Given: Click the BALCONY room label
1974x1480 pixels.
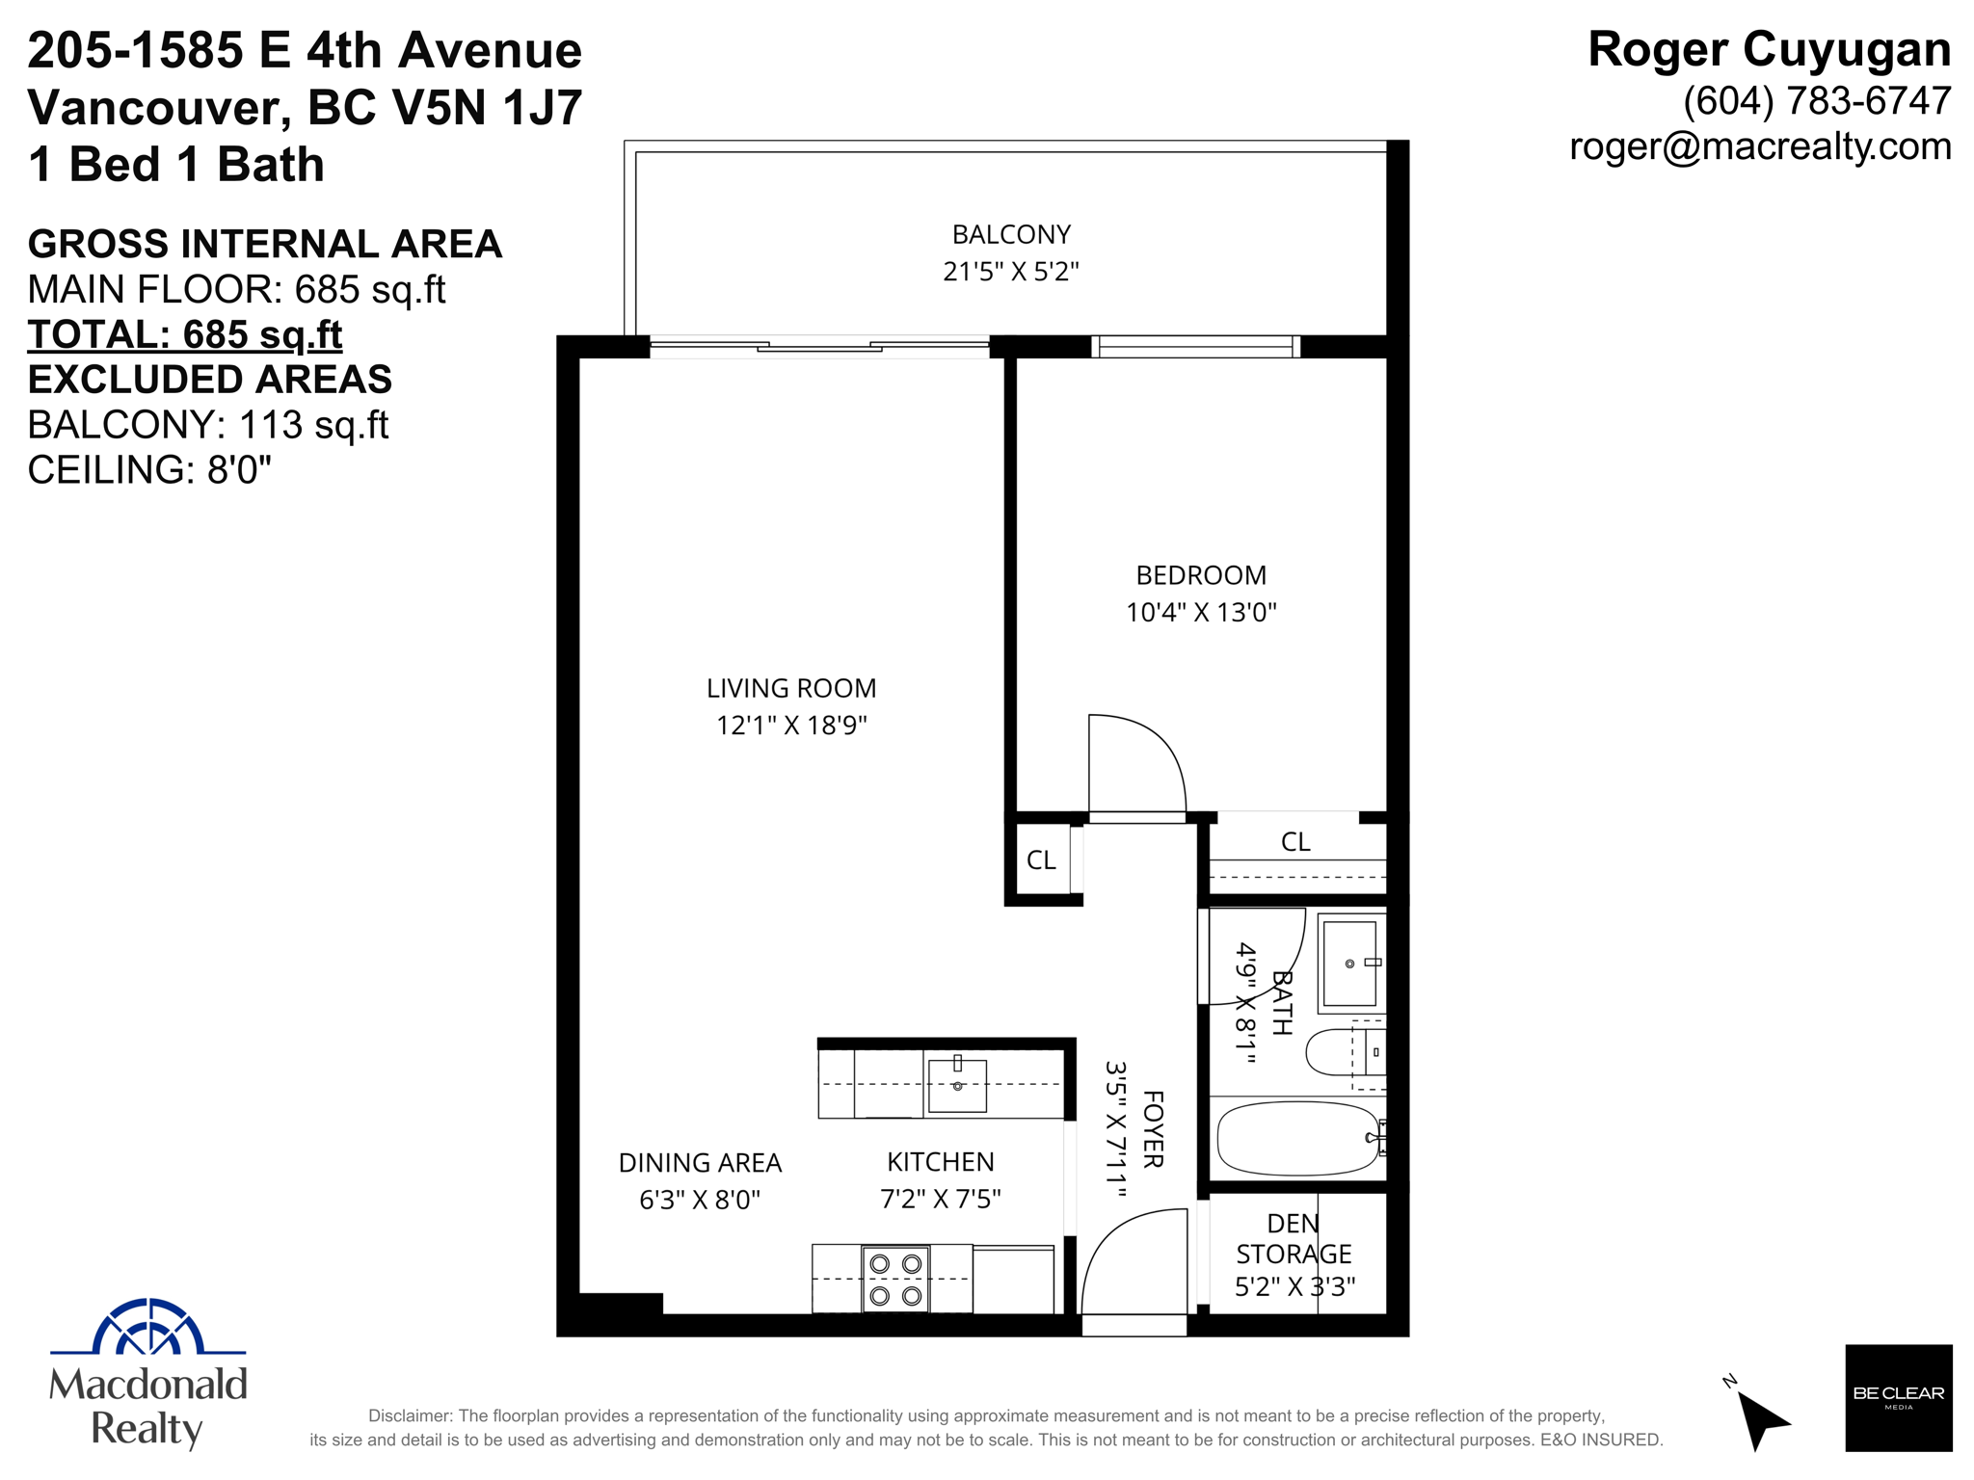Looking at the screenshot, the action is coord(1011,234).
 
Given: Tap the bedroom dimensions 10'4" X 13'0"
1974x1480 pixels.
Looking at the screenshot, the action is coord(1201,612).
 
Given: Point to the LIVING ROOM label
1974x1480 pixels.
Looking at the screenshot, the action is coord(791,688).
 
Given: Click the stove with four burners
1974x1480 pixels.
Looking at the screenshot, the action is coord(895,1279).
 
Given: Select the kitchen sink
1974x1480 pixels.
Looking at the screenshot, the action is coord(957,1085).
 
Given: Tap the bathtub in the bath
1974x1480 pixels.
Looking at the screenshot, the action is coord(1299,1138).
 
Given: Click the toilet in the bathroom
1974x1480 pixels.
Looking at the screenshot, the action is coord(1346,1052).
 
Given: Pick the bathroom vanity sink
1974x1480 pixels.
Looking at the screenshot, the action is coord(1350,963).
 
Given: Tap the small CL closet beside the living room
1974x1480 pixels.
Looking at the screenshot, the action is coord(1042,859).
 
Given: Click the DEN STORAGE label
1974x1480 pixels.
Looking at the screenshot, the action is coord(1294,1238).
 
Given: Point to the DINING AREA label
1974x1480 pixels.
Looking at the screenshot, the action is coord(700,1163).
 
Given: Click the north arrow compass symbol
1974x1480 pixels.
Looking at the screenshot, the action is coord(1760,1416).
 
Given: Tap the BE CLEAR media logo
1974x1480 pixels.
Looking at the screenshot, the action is coord(1898,1397).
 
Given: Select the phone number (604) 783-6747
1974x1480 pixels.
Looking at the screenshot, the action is coord(1817,101).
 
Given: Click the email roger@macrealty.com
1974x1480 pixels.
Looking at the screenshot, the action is coord(1760,146).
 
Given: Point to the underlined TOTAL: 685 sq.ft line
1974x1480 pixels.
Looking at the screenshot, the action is coord(185,334).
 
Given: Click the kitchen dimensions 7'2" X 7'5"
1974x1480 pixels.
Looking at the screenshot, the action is coord(941,1199).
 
